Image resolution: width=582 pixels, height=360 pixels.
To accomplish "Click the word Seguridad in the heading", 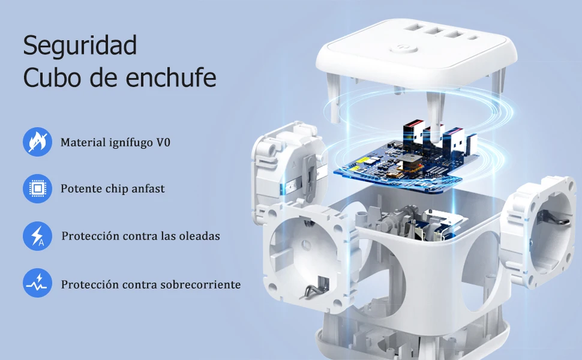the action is click(x=80, y=45).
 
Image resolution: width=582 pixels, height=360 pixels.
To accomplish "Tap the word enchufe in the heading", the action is click(x=171, y=77).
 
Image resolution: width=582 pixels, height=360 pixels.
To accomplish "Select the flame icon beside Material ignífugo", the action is click(x=37, y=142).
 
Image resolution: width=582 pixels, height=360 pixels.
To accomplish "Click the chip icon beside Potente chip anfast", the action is click(x=37, y=188).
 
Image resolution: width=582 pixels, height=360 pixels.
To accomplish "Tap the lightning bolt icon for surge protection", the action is click(x=37, y=236).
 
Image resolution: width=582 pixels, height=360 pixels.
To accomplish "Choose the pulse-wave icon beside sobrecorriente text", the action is click(x=37, y=283).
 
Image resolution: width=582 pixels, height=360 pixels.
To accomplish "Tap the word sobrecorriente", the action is click(x=200, y=284).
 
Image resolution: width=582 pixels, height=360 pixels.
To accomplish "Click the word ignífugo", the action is click(x=131, y=143).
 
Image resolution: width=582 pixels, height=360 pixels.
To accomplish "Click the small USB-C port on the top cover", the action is click(x=473, y=37).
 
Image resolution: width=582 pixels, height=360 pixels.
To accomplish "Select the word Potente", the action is click(x=81, y=188).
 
